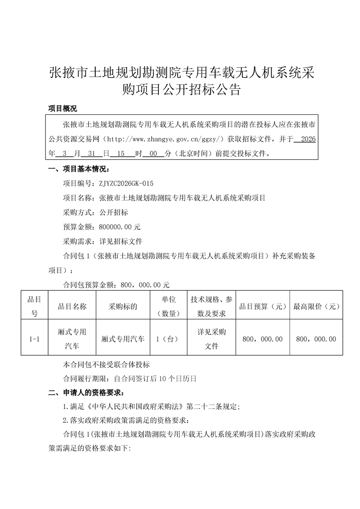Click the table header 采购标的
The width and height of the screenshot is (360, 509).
[123, 306]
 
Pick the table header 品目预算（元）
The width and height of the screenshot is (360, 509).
[263, 306]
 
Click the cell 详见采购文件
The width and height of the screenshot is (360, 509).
[212, 339]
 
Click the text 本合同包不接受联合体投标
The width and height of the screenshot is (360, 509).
[107, 364]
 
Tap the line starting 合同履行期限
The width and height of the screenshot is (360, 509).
[129, 378]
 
